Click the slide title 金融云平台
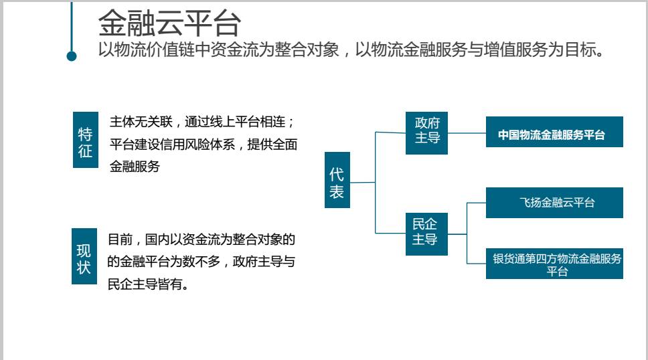169,24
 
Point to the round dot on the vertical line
72,56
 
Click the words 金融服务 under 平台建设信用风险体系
135,167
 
